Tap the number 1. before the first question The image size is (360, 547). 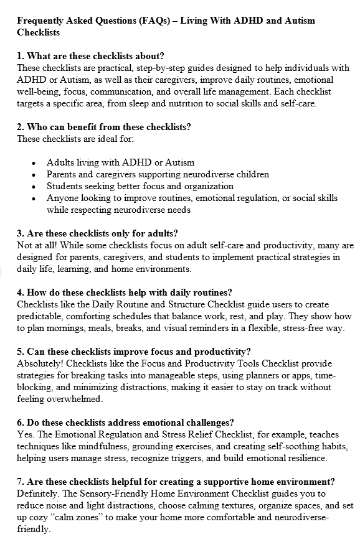(21, 57)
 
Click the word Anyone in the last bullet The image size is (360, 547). (62, 198)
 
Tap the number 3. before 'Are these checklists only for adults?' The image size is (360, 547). (21, 233)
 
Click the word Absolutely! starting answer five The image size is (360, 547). (42, 363)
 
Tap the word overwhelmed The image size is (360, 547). (72, 399)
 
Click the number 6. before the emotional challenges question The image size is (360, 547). (21, 423)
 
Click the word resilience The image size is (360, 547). (306, 458)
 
